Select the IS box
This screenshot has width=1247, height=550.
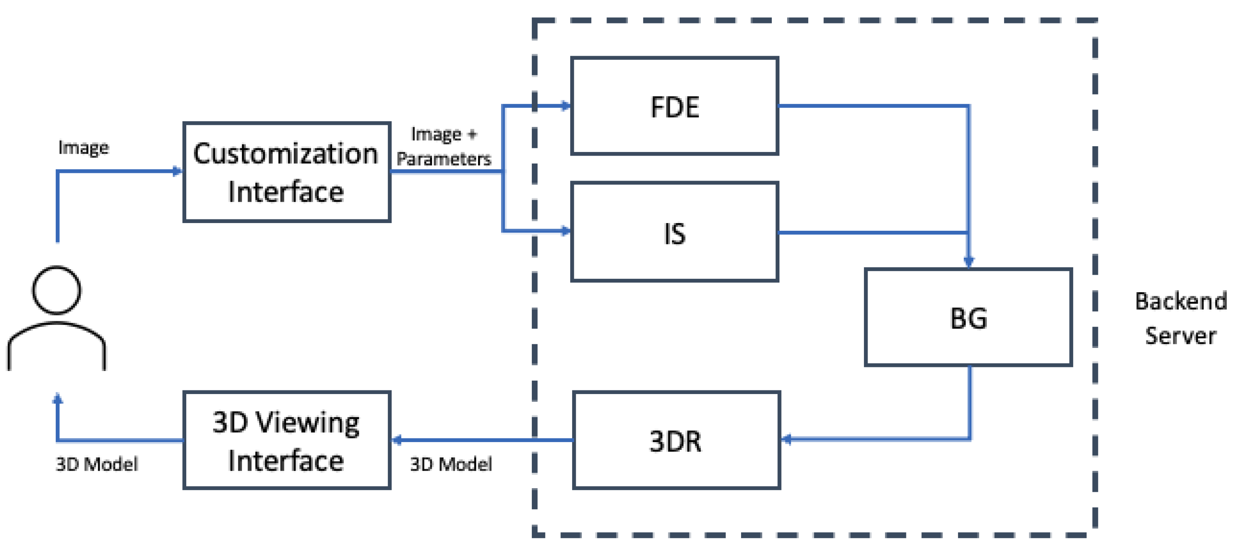pyautogui.click(x=674, y=232)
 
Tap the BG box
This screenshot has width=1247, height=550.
pyautogui.click(x=968, y=318)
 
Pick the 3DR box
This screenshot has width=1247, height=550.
pyautogui.click(x=676, y=440)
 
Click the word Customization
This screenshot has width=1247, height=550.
pyautogui.click(x=286, y=154)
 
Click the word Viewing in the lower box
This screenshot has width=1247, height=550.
pyautogui.click(x=307, y=423)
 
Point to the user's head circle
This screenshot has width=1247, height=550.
pyautogui.click(x=57, y=290)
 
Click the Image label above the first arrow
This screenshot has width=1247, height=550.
pyautogui.click(x=83, y=148)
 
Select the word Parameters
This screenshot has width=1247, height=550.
pyautogui.click(x=443, y=159)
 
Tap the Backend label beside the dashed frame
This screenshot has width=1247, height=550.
pyautogui.click(x=1181, y=301)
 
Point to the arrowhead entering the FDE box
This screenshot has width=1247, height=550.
pyautogui.click(x=565, y=105)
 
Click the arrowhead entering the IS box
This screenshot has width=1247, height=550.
pyautogui.click(x=565, y=231)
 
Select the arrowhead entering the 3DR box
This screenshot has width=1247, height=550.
pyautogui.click(x=787, y=439)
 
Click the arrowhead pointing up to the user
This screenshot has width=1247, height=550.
pyautogui.click(x=58, y=398)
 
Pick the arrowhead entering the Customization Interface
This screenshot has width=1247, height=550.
pyautogui.click(x=177, y=171)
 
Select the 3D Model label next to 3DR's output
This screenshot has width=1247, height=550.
pyautogui.click(x=451, y=464)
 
